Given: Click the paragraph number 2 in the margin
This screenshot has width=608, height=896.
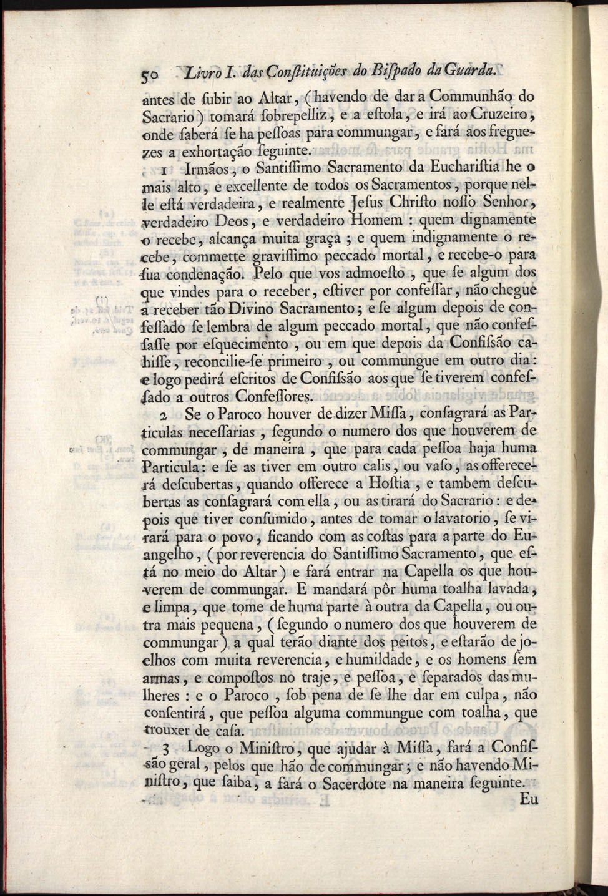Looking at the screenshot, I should click(164, 415).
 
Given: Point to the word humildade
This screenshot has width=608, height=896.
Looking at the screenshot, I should click(378, 660).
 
